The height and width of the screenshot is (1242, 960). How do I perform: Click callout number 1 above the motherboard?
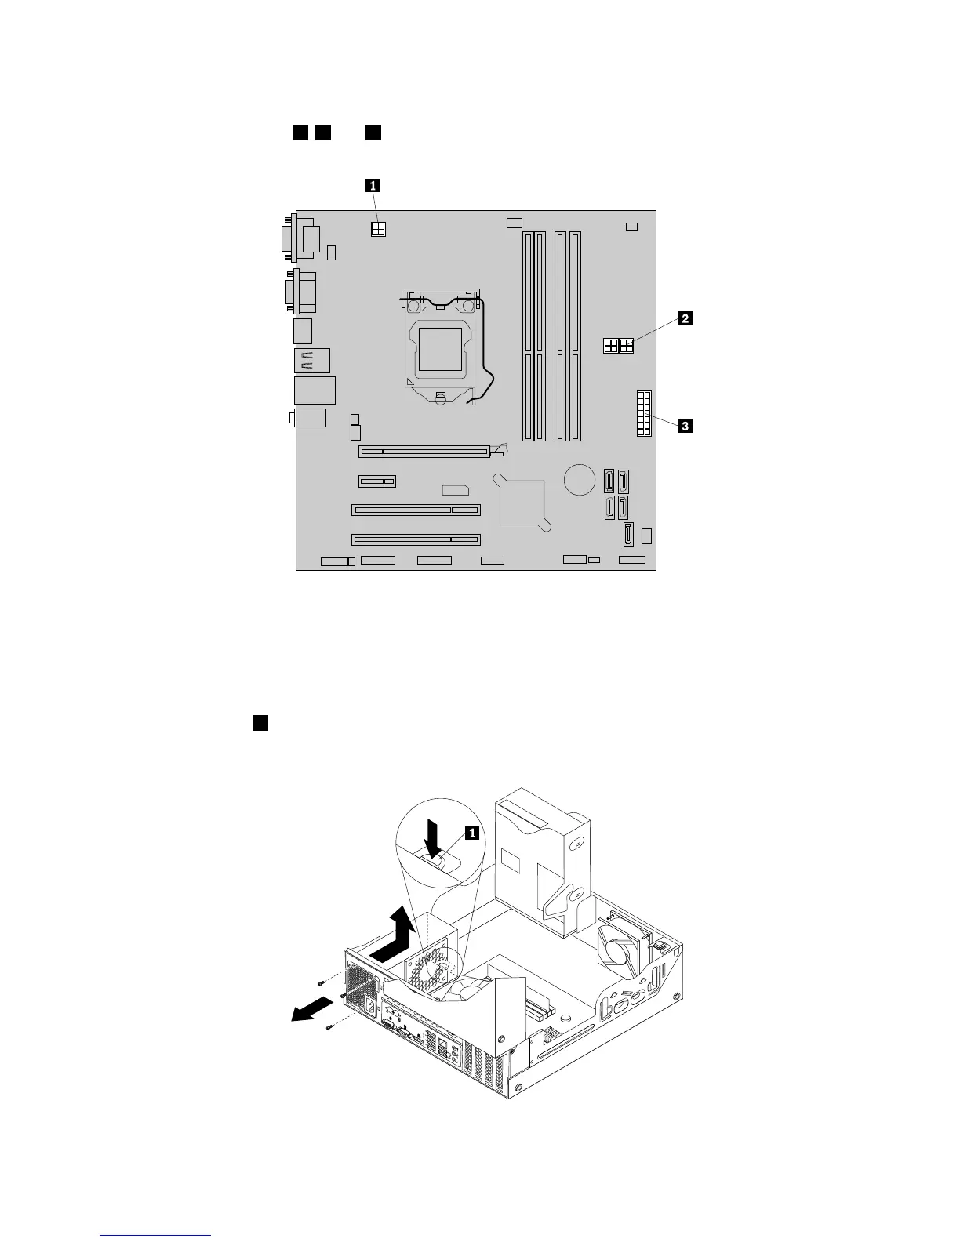point(373,186)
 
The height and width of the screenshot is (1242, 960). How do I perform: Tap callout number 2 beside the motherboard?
point(685,318)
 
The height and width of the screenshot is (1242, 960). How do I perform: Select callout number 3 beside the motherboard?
point(685,427)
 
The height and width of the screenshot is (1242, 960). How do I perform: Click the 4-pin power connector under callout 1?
point(379,228)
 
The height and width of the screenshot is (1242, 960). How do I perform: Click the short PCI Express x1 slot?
point(378,481)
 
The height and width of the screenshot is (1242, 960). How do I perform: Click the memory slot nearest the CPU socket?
point(528,336)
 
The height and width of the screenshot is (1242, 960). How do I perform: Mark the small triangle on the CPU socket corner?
point(411,380)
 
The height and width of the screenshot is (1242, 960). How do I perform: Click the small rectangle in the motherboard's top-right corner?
point(632,227)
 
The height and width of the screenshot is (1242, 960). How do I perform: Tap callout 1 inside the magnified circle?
point(471,833)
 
